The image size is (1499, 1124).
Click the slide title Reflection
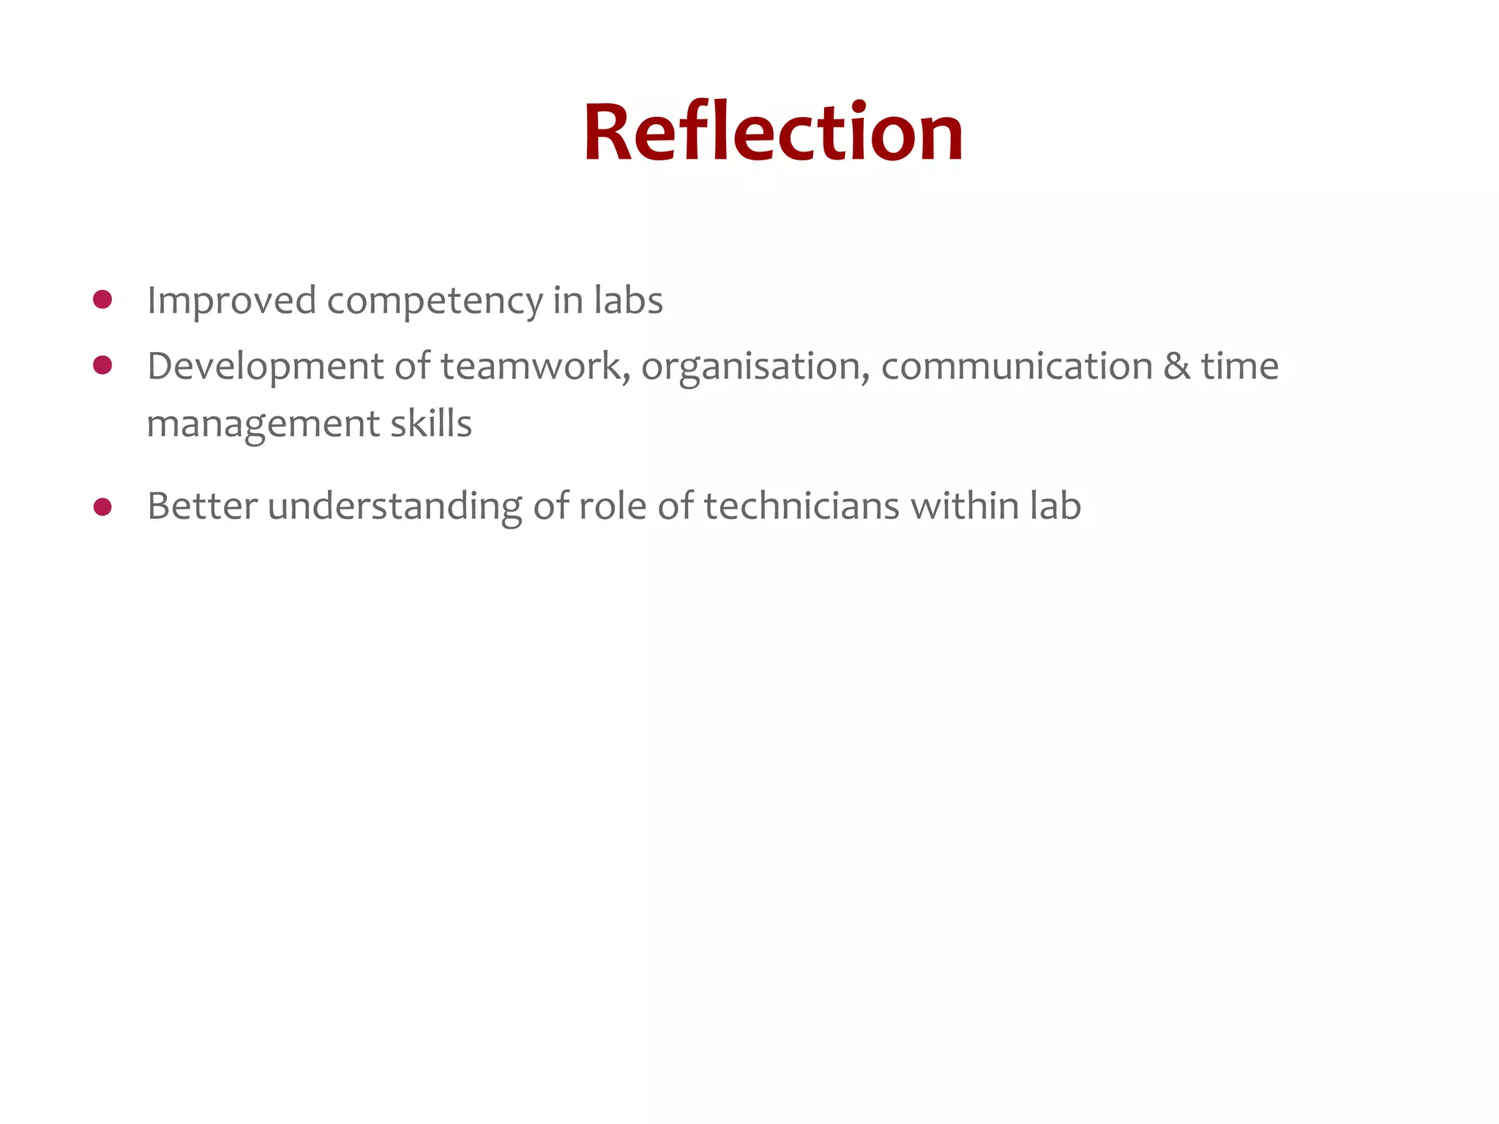(x=773, y=133)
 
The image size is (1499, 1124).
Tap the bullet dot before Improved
(x=102, y=299)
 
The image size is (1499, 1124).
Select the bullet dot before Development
(x=102, y=365)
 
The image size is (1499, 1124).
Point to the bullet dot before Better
(x=102, y=506)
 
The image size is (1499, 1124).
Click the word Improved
(x=231, y=301)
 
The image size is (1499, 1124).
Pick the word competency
(x=435, y=301)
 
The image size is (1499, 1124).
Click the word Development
(x=265, y=367)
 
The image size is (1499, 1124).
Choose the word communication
(x=1017, y=367)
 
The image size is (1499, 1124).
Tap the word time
(x=1239, y=367)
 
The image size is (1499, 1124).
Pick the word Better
(x=202, y=506)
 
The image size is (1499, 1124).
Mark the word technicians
(x=801, y=506)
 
